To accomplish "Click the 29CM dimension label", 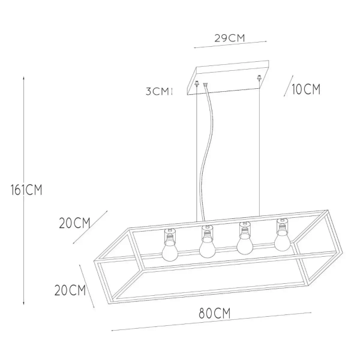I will (229, 38).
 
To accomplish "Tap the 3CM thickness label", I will (158, 92).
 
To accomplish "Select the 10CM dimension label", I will (305, 90).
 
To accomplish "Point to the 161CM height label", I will (25, 190).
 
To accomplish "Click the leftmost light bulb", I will (169, 250).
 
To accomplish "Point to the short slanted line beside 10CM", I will (287, 87).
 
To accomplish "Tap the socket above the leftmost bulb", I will (169, 233).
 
